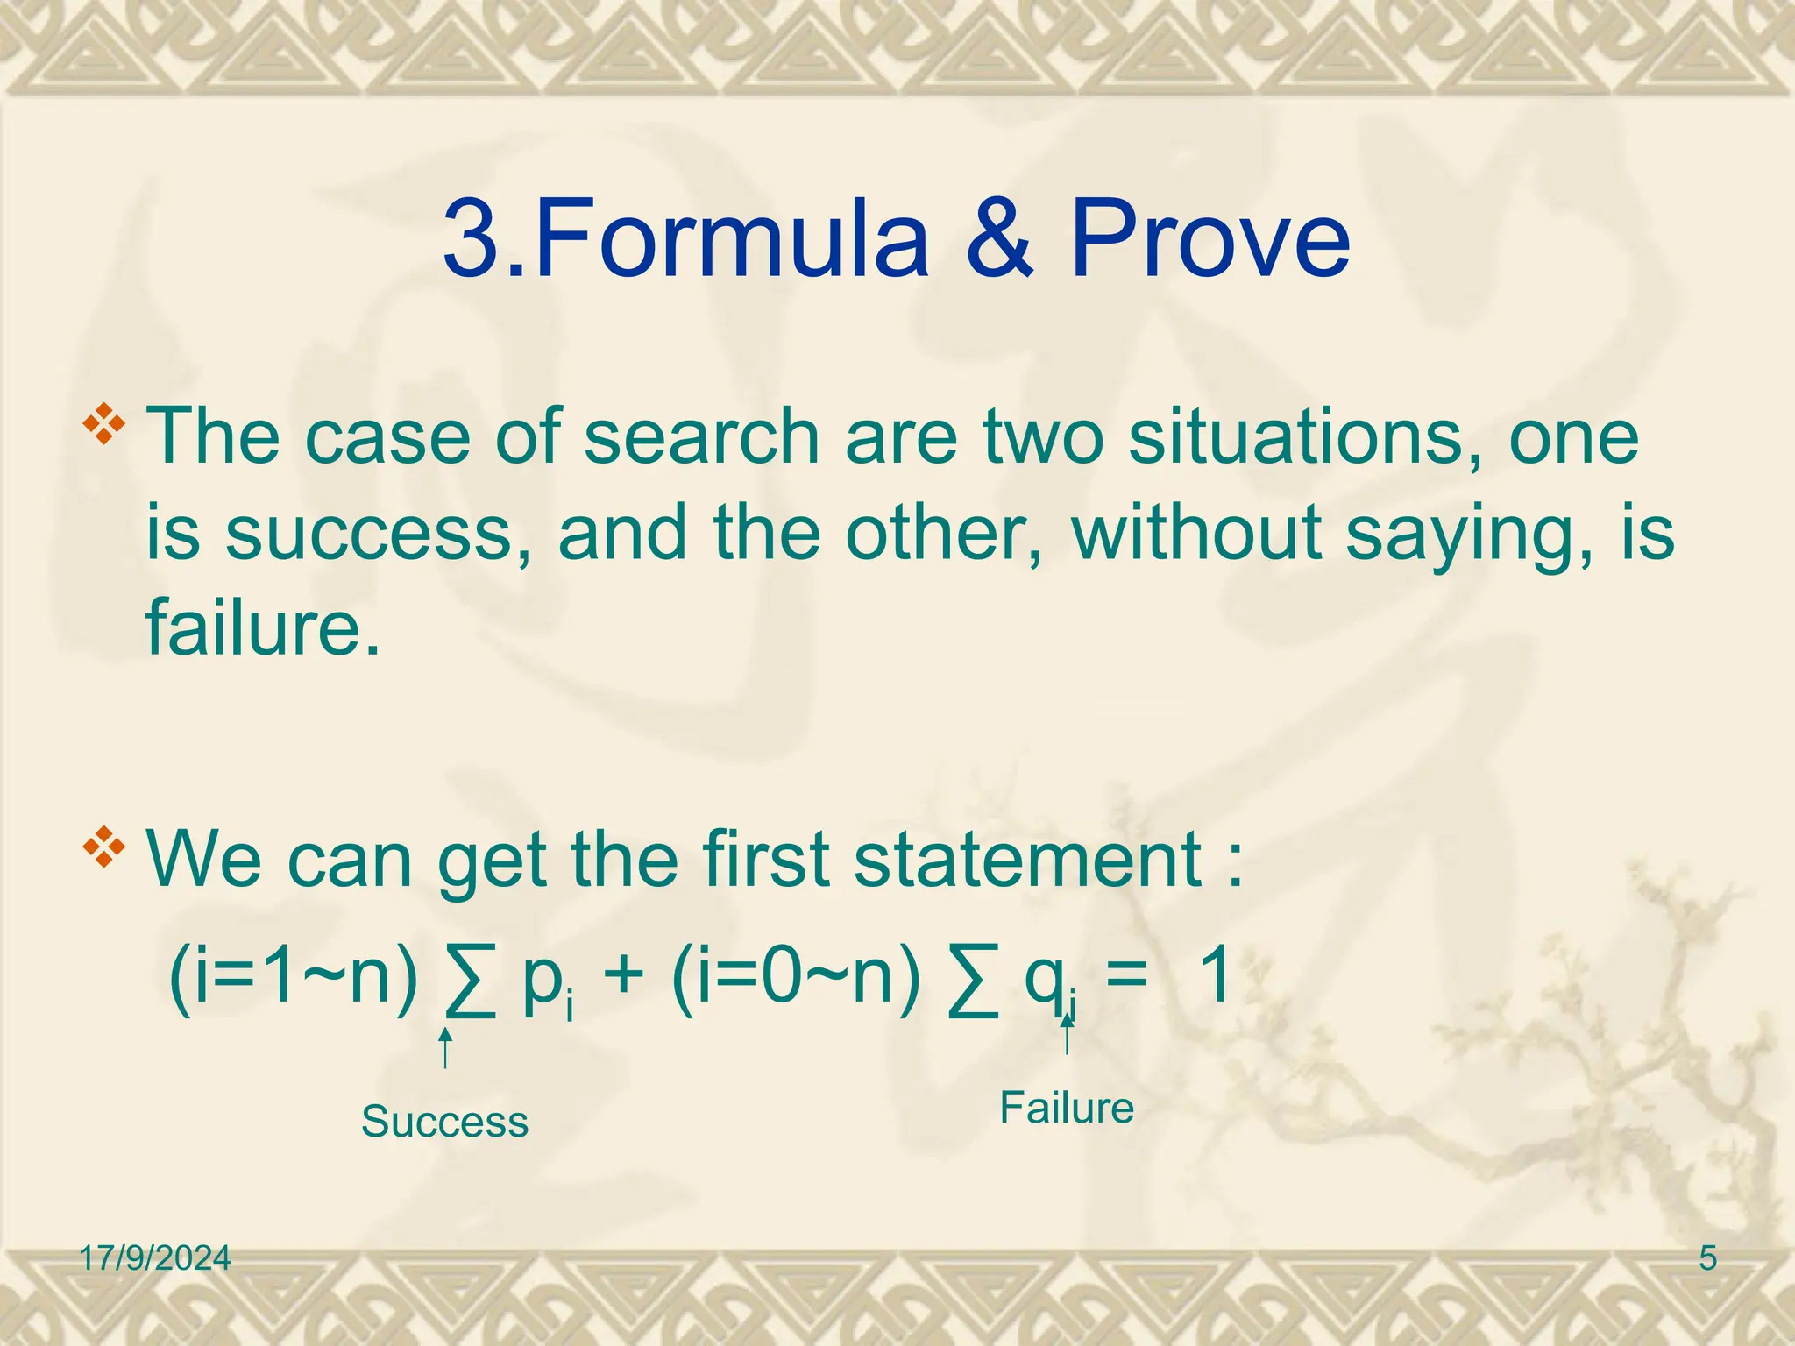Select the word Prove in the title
(1210, 238)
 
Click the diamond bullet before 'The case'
(103, 425)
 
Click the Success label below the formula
(444, 1123)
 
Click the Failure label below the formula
(1067, 1109)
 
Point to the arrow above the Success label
(445, 1048)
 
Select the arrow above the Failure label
(1067, 1034)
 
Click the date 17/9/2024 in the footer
(155, 1259)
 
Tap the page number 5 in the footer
(1707, 1259)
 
